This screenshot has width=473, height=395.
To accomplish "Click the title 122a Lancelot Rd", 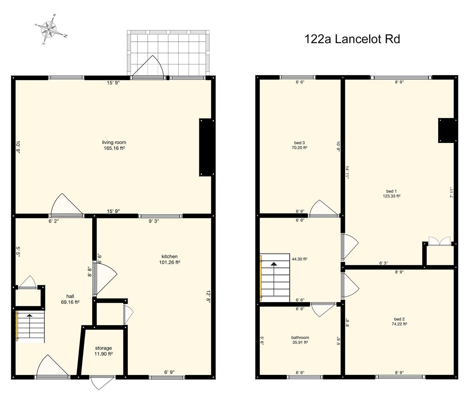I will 352,39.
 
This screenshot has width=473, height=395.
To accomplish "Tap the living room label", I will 114,142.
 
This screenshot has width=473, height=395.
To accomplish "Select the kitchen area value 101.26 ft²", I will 170,262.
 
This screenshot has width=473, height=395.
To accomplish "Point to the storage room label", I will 103,348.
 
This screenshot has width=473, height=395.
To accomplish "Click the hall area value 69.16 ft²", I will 70,302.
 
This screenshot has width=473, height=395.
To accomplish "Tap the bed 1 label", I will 391,191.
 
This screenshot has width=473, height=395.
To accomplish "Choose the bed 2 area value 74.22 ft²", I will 399,324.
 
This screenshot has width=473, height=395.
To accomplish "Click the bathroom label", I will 300,338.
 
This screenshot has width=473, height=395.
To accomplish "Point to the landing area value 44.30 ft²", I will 299,259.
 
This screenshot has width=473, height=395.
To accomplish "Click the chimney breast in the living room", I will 205,147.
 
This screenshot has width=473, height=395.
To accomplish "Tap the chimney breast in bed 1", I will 446,130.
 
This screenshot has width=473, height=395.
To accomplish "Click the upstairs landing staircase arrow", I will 273,264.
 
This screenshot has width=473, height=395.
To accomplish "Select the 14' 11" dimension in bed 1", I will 348,173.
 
